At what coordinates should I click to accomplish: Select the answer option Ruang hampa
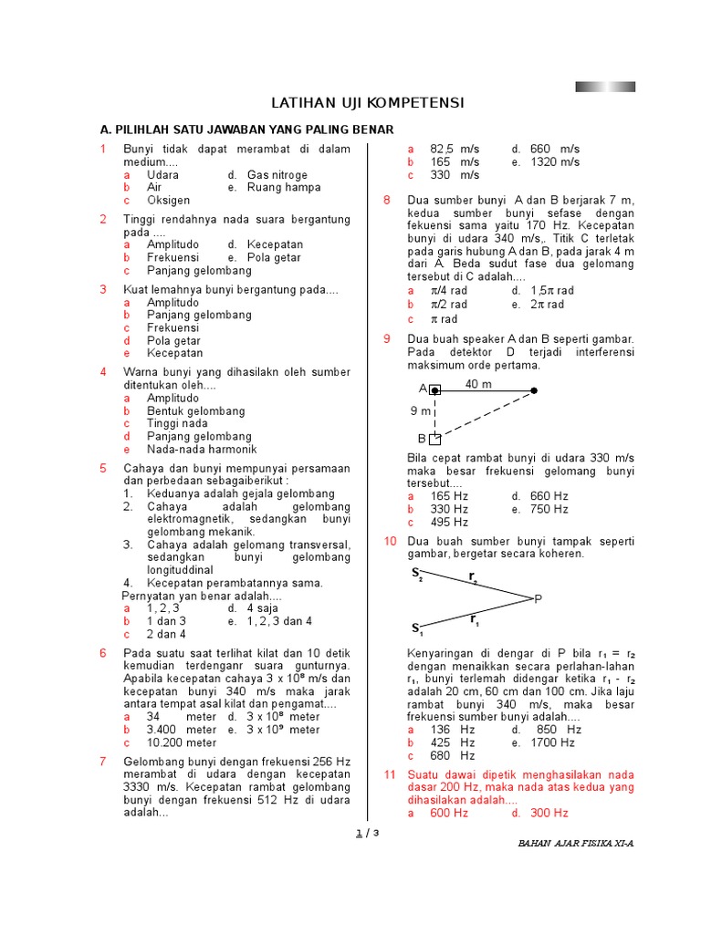pyautogui.click(x=284, y=187)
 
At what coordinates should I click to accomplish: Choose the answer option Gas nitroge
pyautogui.click(x=277, y=174)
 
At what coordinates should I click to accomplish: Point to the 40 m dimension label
pyautogui.click(x=477, y=384)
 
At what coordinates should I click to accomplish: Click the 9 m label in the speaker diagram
pyautogui.click(x=419, y=411)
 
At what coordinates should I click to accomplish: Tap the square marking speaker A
pyautogui.click(x=435, y=390)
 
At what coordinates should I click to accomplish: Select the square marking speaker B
pyautogui.click(x=435, y=439)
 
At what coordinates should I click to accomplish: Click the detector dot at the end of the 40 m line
pyautogui.click(x=534, y=390)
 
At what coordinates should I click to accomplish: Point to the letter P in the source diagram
pyautogui.click(x=538, y=598)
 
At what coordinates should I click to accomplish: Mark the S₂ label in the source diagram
pyautogui.click(x=417, y=575)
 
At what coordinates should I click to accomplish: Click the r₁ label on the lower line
pyautogui.click(x=474, y=620)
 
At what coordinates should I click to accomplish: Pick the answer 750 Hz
pyautogui.click(x=549, y=509)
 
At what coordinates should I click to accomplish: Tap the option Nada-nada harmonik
pyautogui.click(x=202, y=450)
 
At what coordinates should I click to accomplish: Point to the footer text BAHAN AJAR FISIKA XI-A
pyautogui.click(x=575, y=844)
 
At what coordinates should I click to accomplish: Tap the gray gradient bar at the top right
pyautogui.click(x=605, y=87)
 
